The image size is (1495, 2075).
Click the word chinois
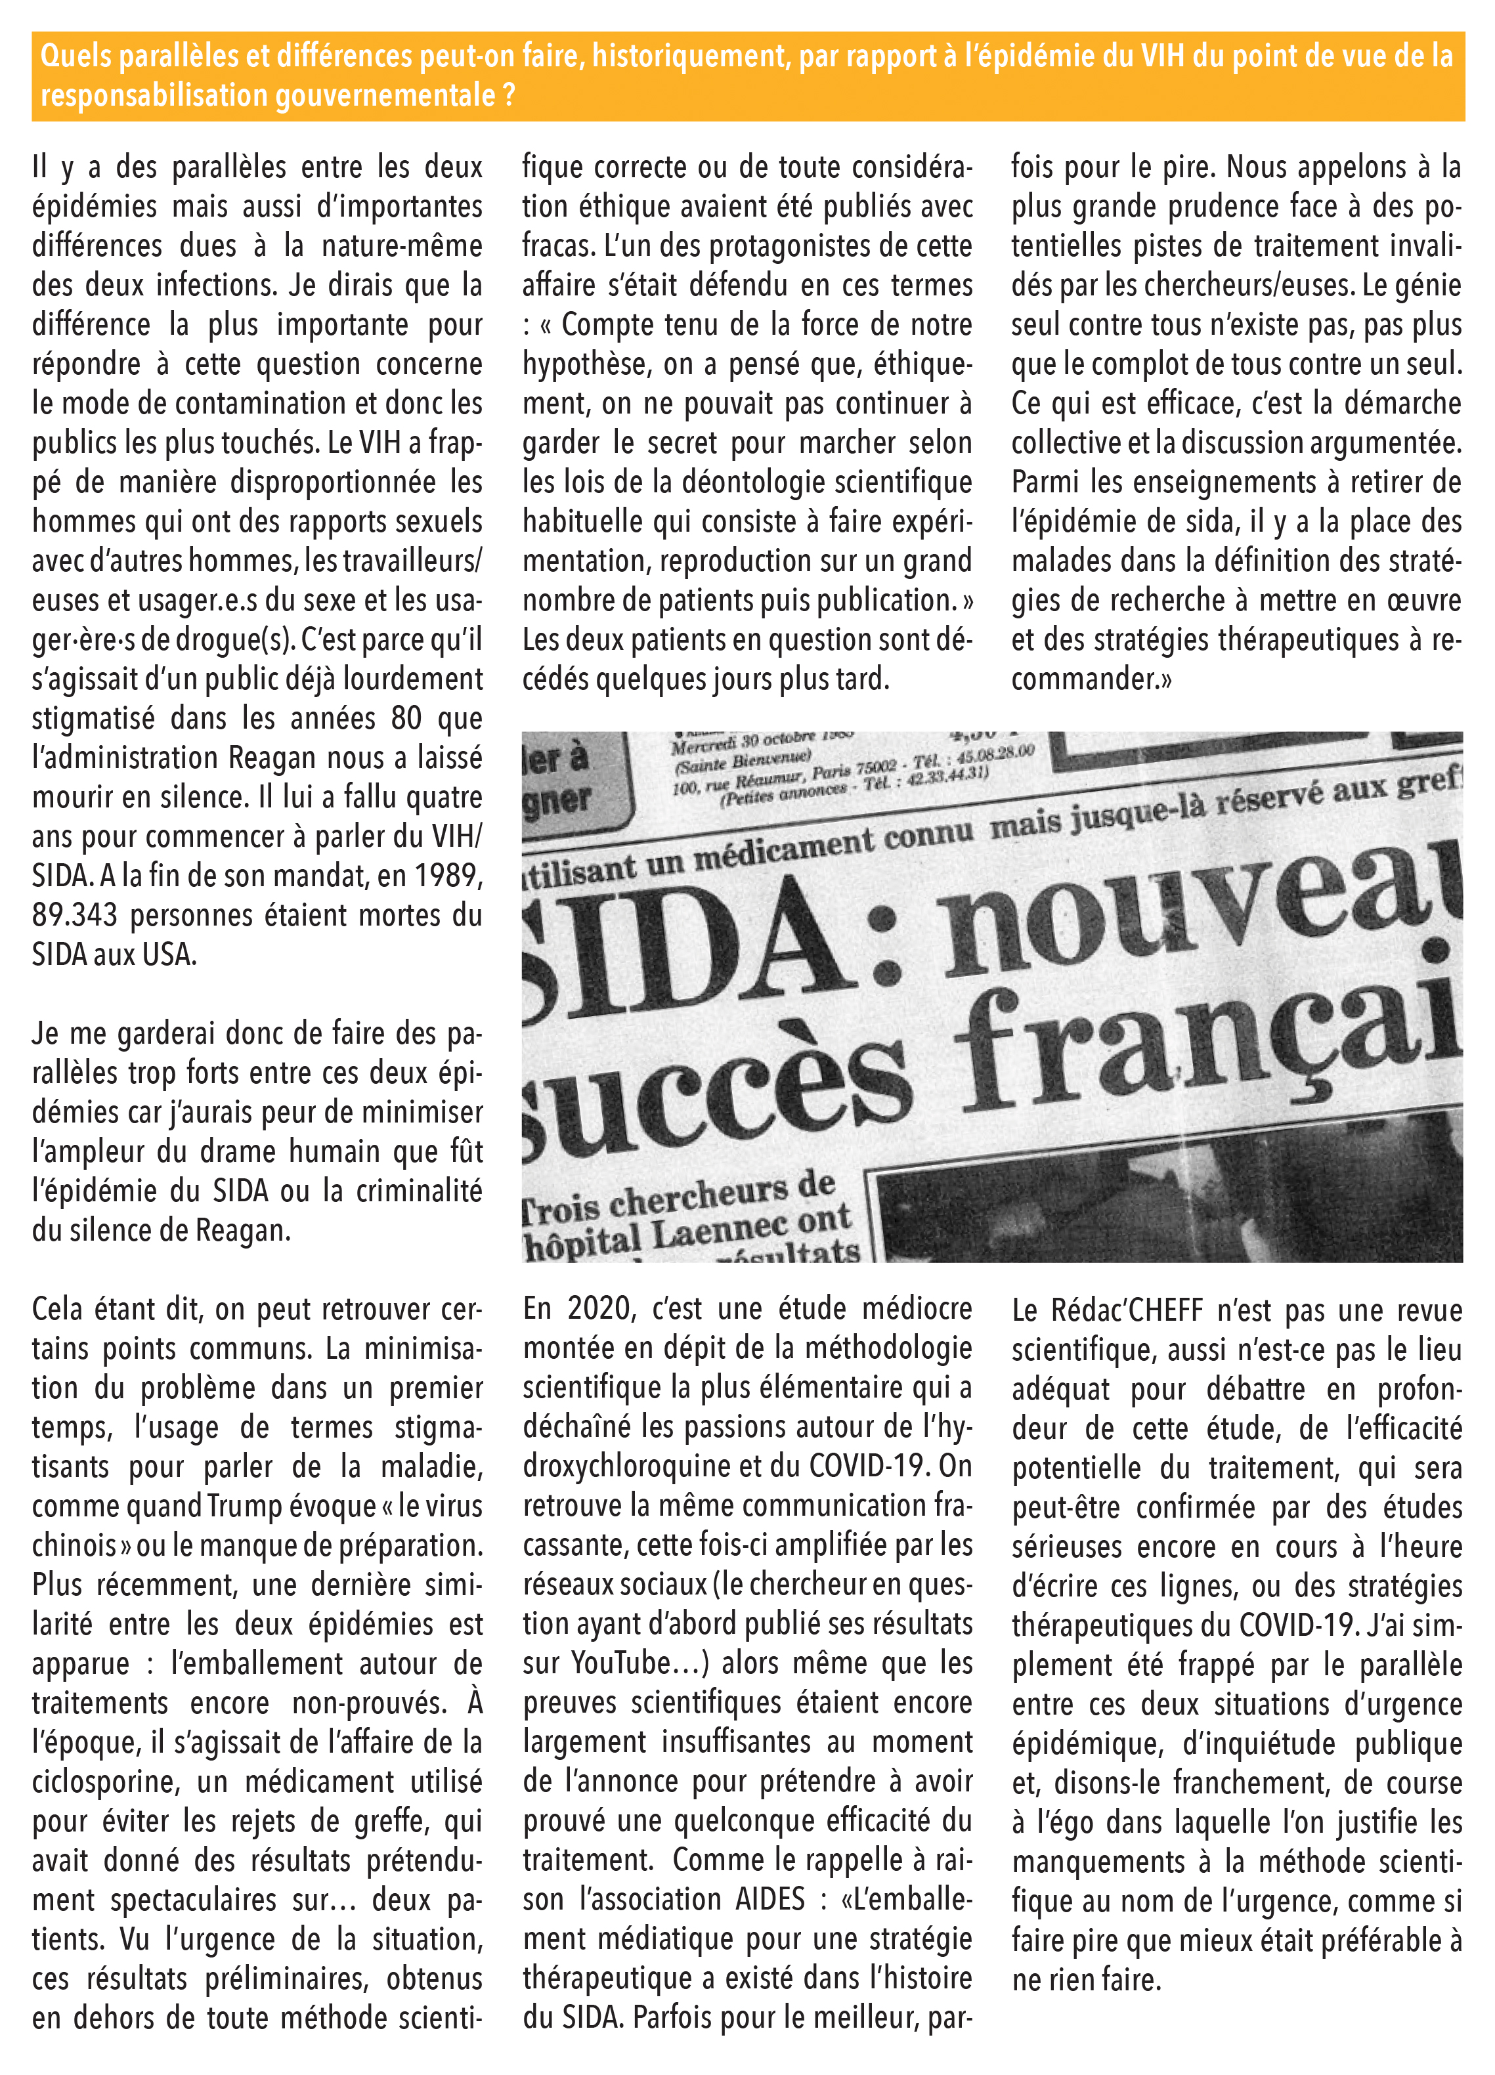[x=73, y=1545]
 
